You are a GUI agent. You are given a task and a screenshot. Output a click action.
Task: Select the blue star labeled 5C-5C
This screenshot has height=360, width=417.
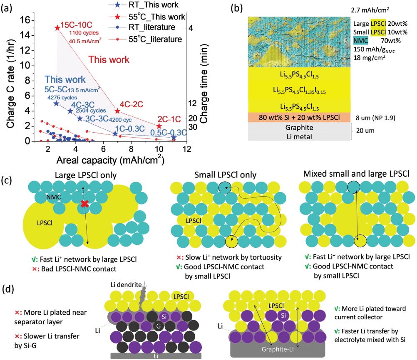point(56,103)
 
